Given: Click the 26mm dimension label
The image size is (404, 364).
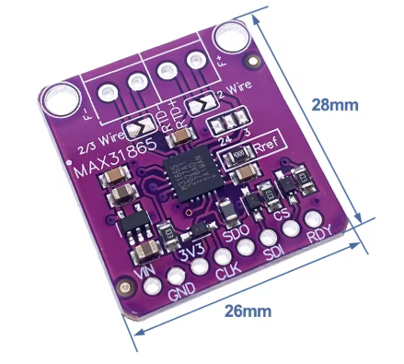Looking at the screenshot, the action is tap(248, 311).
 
